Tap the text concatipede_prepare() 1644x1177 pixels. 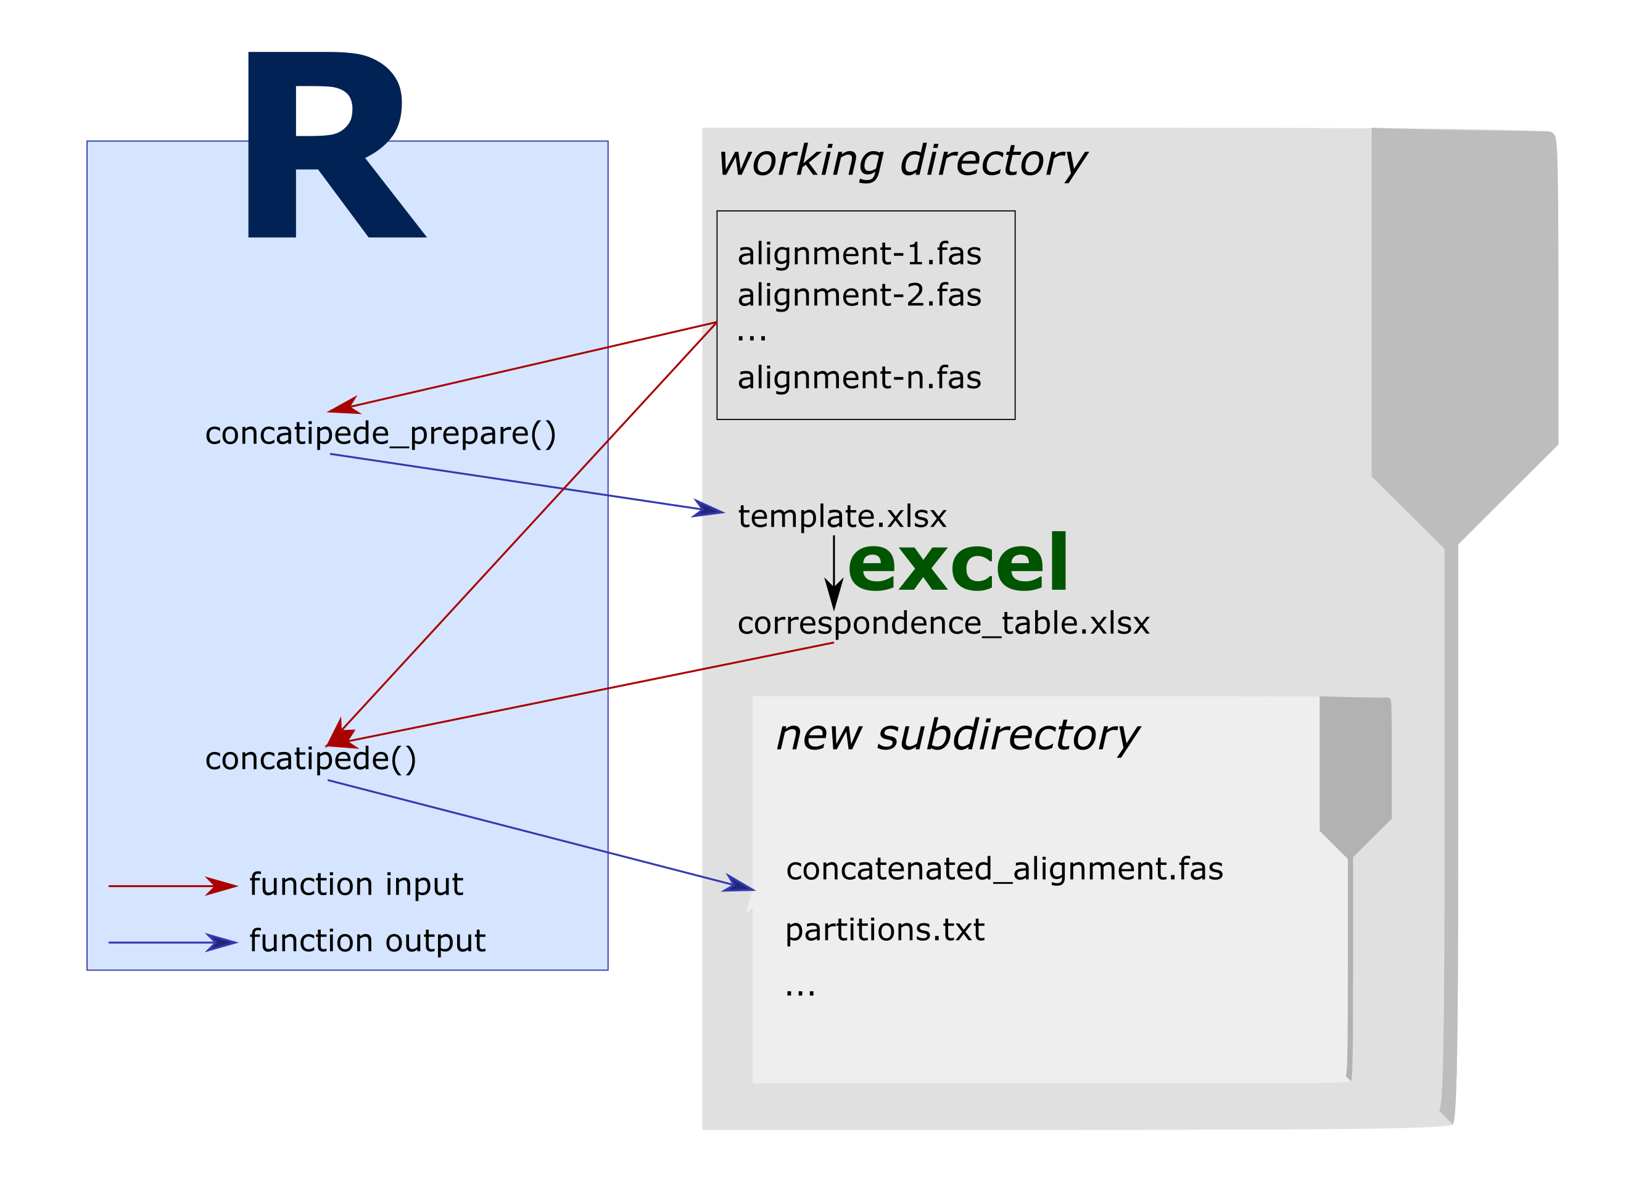(381, 434)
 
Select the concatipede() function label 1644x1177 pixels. (310, 759)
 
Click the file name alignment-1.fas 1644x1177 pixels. (859, 254)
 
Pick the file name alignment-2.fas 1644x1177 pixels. (859, 295)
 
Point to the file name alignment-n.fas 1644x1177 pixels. (859, 378)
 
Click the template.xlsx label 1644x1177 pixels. (841, 516)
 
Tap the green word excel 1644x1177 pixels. (956, 563)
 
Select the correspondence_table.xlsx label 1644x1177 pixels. (943, 623)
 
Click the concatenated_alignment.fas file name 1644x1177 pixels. (1004, 869)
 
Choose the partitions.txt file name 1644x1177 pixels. (884, 929)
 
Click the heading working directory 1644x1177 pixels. (901, 160)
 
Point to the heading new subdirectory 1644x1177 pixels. (956, 735)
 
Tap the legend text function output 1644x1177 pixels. (366, 941)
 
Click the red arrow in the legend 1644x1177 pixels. (173, 886)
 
